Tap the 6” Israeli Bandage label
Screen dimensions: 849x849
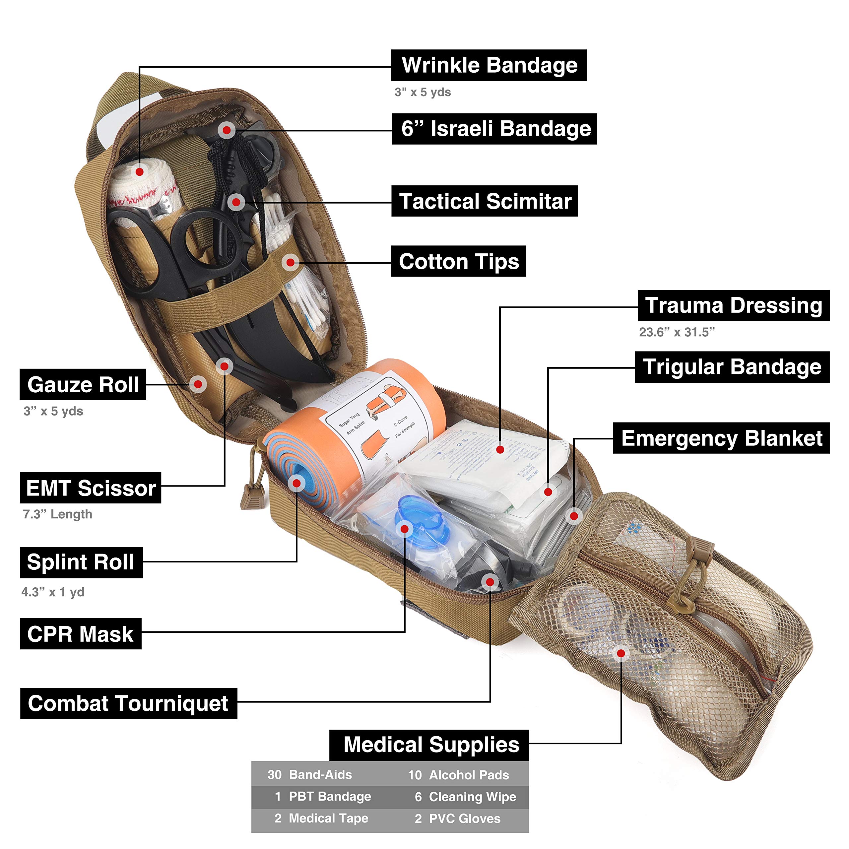[494, 129]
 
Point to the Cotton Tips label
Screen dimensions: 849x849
[458, 261]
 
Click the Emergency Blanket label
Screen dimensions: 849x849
[721, 438]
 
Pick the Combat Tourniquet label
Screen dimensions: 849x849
[128, 703]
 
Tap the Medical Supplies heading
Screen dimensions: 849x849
[431, 745]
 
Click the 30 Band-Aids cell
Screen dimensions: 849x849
[310, 774]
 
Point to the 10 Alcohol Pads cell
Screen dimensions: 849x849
[459, 775]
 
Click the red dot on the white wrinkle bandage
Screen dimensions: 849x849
[139, 172]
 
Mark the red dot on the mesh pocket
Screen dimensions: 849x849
[621, 653]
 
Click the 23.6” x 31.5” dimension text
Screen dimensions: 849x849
[677, 332]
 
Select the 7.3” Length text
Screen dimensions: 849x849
[58, 514]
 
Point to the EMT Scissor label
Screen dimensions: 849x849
[91, 488]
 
